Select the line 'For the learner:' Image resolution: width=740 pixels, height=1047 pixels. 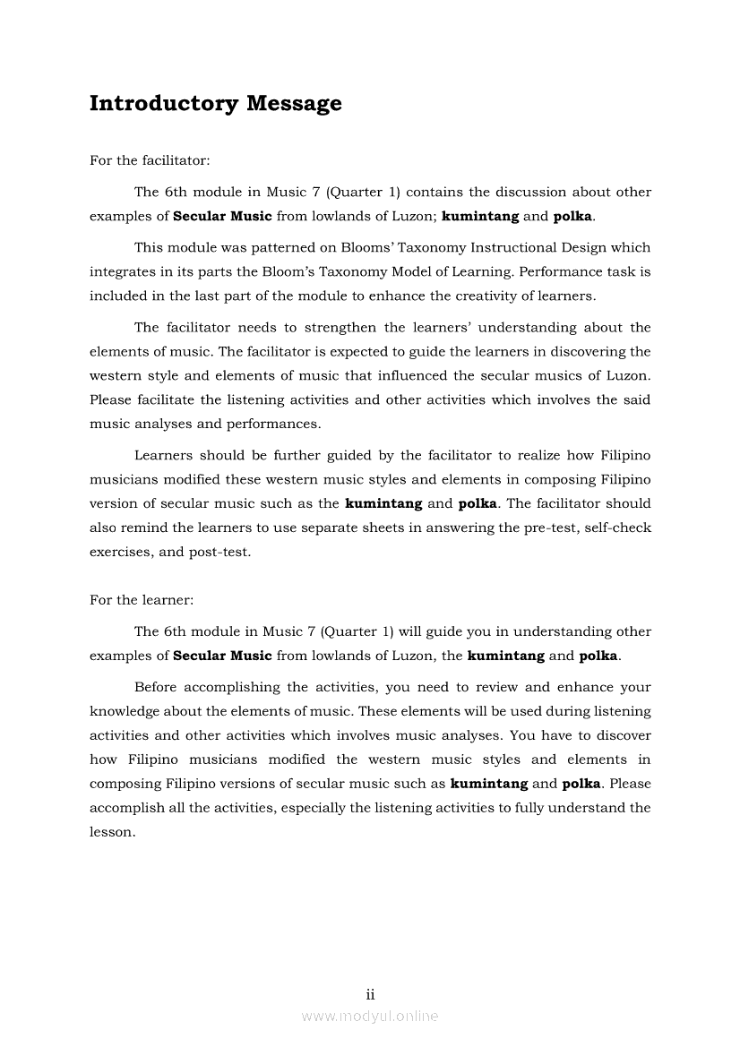[x=142, y=600]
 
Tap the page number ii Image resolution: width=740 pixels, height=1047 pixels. [x=370, y=994]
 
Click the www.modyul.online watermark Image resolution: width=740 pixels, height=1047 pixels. [x=370, y=1016]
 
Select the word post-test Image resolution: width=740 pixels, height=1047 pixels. [x=219, y=552]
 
